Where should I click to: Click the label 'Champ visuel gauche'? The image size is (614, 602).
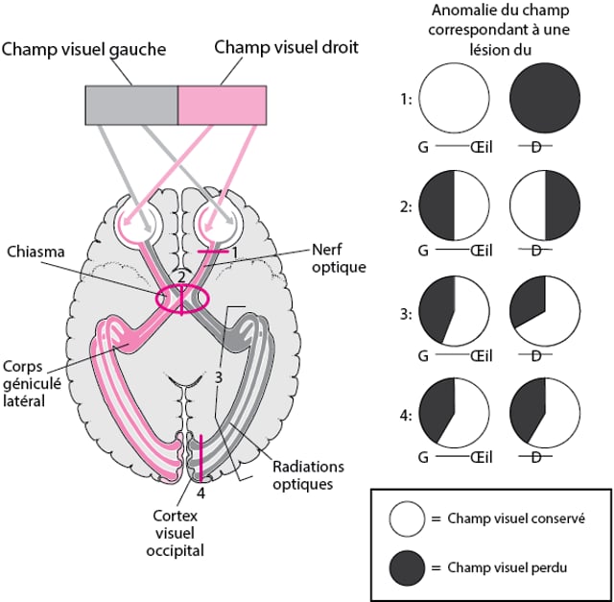point(99,48)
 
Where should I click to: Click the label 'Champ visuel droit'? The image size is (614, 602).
point(286,46)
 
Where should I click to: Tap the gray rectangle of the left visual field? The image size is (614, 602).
point(131,105)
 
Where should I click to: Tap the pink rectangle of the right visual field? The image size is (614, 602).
point(223,105)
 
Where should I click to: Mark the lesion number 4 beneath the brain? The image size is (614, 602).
point(201,493)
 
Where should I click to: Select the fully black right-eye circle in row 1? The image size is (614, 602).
point(544,99)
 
